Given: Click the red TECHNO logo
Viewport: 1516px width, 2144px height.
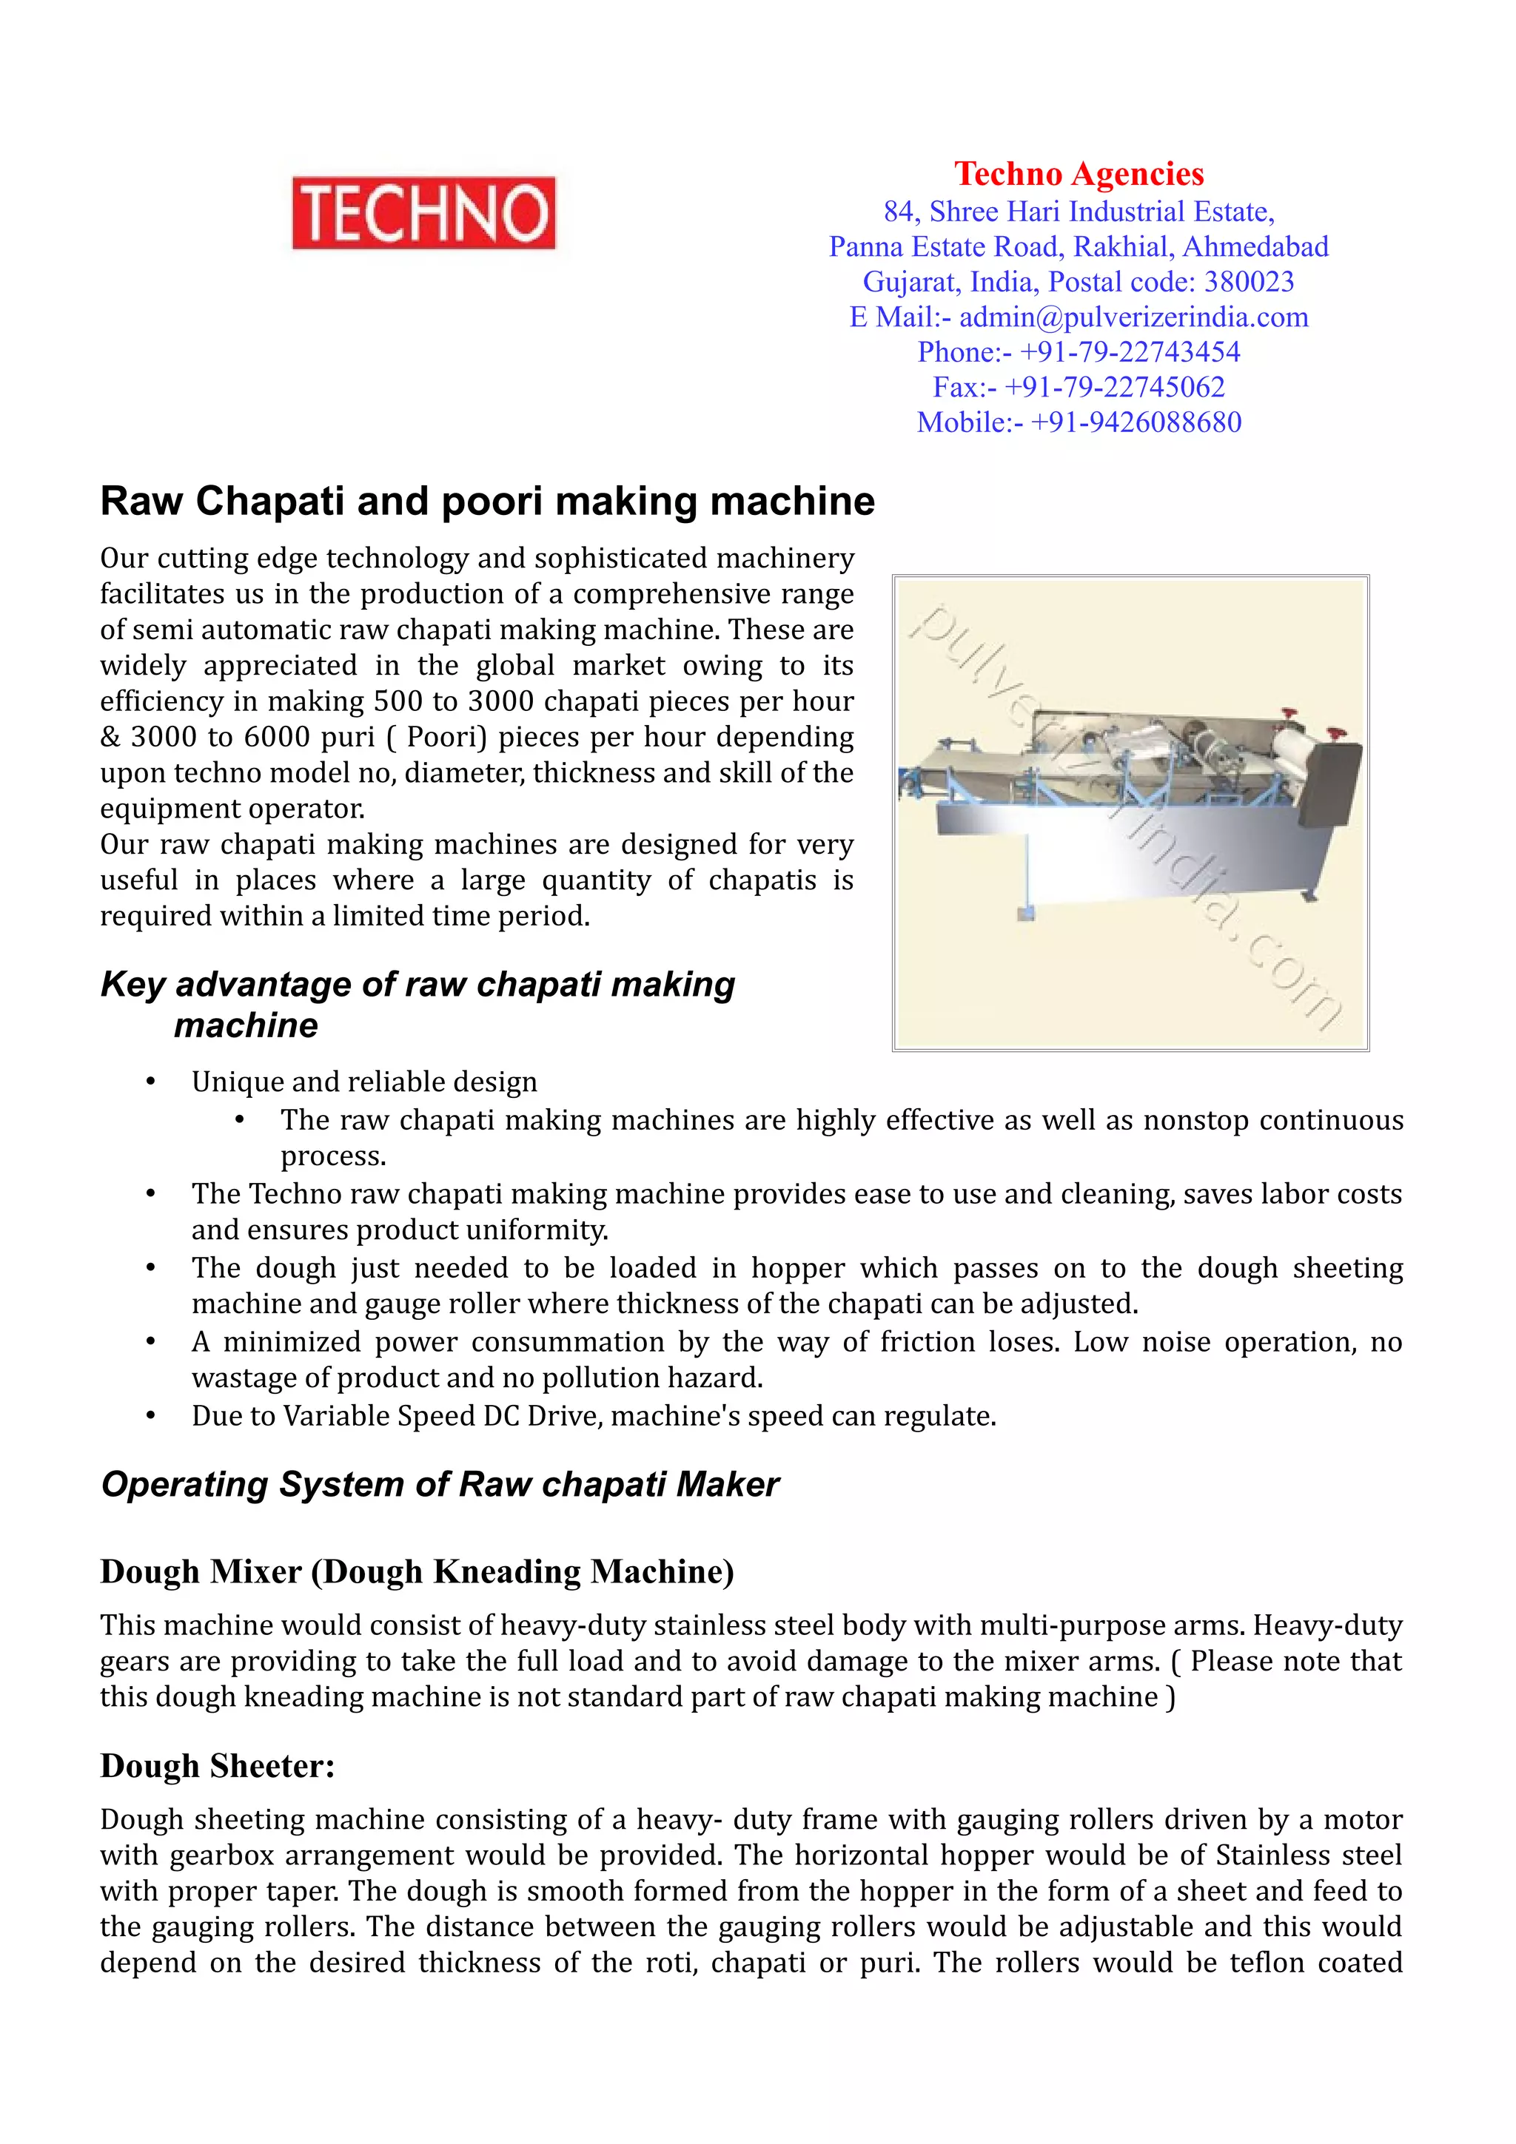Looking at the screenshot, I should (x=423, y=213).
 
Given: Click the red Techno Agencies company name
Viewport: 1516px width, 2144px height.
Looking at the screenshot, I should (x=1078, y=174).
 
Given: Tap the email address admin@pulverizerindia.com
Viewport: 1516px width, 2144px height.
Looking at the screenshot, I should (x=1133, y=317).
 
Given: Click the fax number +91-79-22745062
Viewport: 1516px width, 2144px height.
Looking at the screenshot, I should (x=1113, y=388).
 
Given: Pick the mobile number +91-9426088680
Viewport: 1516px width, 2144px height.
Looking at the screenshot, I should (x=1135, y=422).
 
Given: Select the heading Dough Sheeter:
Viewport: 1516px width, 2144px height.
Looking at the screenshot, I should (x=217, y=1765).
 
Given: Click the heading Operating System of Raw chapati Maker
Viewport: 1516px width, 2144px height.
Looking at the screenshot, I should (x=439, y=1484).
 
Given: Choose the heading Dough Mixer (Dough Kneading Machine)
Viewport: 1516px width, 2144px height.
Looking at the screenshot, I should (x=417, y=1571).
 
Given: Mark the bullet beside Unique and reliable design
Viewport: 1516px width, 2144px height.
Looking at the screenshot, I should (x=150, y=1082).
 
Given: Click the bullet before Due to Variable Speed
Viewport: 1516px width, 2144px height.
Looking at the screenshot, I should (x=150, y=1417).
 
